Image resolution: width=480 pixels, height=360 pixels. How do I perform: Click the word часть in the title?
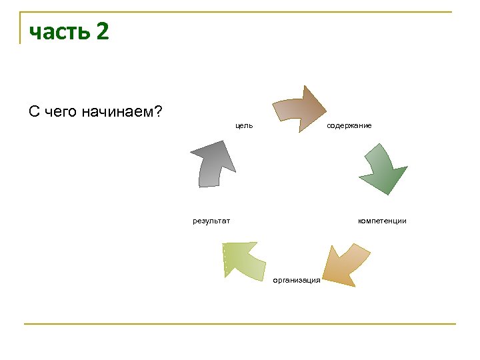point(59,32)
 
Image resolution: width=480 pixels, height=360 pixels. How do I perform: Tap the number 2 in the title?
point(101,31)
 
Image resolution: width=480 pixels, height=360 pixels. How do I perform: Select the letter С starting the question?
point(34,111)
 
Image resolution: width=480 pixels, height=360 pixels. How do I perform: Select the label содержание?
point(349,125)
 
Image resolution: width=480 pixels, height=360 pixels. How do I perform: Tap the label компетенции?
point(382,221)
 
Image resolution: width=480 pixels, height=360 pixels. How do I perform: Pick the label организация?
point(297,280)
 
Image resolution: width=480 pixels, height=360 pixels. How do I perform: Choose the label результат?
point(211,221)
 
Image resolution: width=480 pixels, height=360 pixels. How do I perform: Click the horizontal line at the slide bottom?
point(240,324)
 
